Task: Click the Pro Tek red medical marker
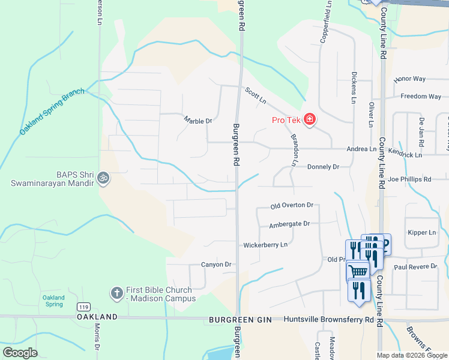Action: pos(310,120)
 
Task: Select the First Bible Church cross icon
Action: pos(116,293)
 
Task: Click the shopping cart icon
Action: pos(358,271)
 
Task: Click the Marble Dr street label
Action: pos(198,121)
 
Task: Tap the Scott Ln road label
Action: pos(255,95)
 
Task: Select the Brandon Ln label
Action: pos(295,150)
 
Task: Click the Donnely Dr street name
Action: pos(323,167)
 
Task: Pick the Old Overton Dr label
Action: pos(292,205)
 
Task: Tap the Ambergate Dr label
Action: pos(289,224)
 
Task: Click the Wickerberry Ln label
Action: pos(265,245)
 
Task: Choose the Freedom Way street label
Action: pos(421,97)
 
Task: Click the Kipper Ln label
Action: pos(421,232)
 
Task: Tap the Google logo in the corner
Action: pos(20,352)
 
